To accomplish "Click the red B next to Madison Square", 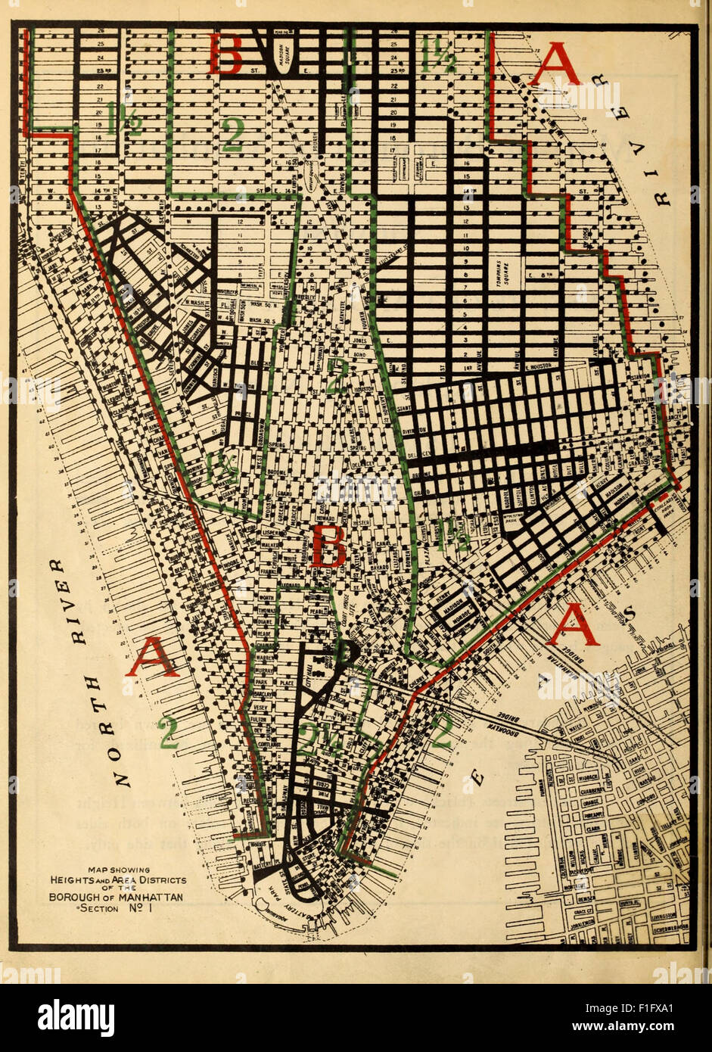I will click(225, 54).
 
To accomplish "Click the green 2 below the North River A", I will click(167, 733).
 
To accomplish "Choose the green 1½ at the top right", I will click(438, 54).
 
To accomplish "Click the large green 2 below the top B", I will click(232, 134).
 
